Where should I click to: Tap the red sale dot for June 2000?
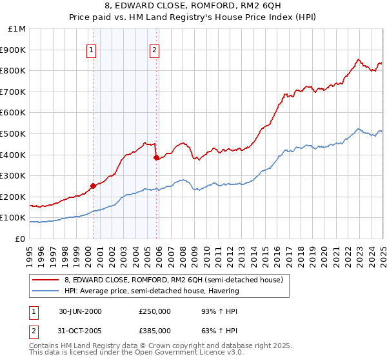(93, 186)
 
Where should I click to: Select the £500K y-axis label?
(14, 133)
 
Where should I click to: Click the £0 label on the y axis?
(20, 239)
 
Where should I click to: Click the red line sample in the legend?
(45, 280)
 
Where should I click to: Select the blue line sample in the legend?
(45, 291)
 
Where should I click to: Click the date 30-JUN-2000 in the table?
(80, 311)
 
